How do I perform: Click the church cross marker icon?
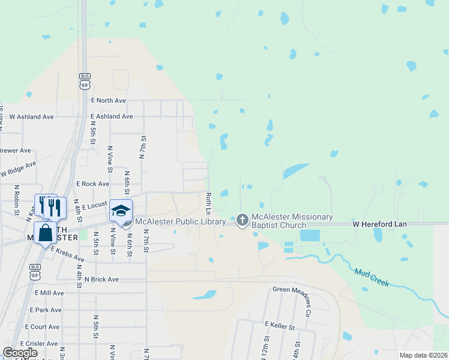click(x=242, y=220)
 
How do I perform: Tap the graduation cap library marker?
click(x=121, y=211)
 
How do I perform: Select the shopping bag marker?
click(x=46, y=233)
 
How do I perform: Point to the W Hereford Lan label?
click(x=379, y=224)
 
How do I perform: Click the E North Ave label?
click(x=108, y=101)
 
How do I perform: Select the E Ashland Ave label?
click(x=112, y=116)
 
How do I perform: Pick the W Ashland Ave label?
click(x=31, y=116)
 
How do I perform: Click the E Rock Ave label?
click(x=92, y=184)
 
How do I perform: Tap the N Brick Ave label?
click(x=101, y=280)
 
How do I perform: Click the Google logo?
click(x=20, y=353)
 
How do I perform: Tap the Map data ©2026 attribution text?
click(x=423, y=355)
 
